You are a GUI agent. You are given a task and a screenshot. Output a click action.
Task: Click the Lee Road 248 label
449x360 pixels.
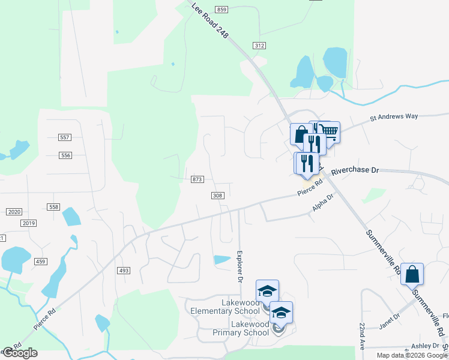click(210, 21)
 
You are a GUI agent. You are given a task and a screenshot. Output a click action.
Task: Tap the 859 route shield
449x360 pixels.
click(222, 10)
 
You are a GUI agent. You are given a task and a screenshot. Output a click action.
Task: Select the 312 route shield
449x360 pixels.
click(259, 46)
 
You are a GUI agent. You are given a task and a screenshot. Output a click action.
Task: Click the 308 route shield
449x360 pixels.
click(218, 196)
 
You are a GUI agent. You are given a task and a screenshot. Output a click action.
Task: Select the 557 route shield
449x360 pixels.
click(65, 137)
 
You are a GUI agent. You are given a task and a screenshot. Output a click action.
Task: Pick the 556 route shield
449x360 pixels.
click(65, 155)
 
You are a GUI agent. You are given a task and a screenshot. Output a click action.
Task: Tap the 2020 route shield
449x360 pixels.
click(14, 212)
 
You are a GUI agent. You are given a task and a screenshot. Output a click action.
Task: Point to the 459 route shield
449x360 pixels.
click(41, 261)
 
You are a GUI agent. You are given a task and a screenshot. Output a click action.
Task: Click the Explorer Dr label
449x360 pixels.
click(240, 267)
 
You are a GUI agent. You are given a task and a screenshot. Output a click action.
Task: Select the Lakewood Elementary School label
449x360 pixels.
click(225, 307)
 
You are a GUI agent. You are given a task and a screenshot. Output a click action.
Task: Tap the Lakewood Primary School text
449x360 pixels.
click(241, 328)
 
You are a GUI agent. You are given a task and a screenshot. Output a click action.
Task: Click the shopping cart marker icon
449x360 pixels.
click(329, 131)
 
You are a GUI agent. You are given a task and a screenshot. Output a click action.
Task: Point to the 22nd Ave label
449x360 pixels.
click(363, 337)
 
